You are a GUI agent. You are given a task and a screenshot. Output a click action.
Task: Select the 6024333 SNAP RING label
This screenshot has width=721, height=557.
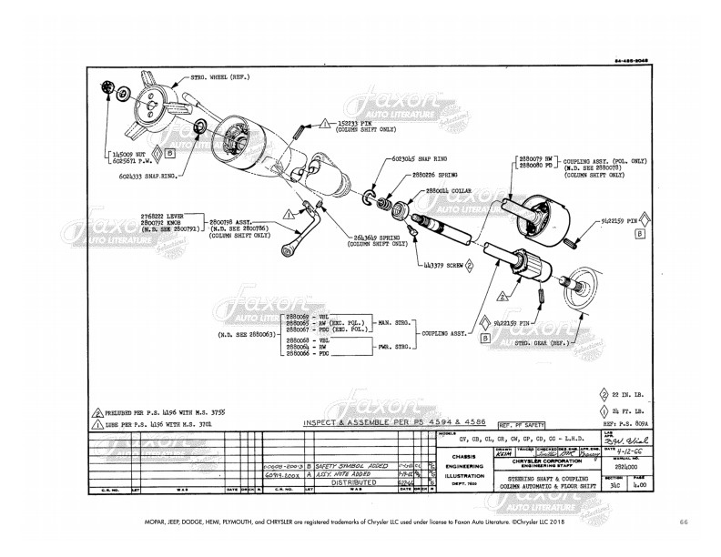[146, 173]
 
